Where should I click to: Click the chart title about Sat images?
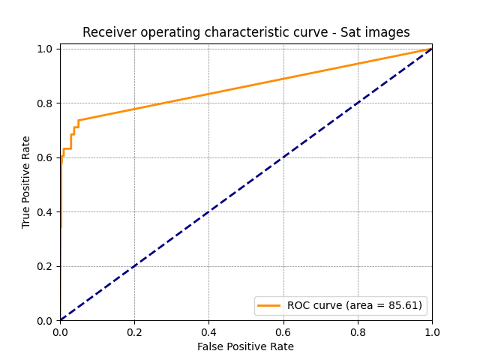pyautogui.click(x=246, y=32)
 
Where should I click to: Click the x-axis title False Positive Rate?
pyautogui.click(x=245, y=346)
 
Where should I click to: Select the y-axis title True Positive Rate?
pyautogui.click(x=26, y=182)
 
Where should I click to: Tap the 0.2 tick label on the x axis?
pyautogui.click(x=134, y=331)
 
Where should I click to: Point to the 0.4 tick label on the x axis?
pyautogui.click(x=208, y=331)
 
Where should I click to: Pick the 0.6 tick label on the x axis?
pyautogui.click(x=283, y=331)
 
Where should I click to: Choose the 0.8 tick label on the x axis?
pyautogui.click(x=357, y=331)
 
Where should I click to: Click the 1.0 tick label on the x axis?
pyautogui.click(x=431, y=331)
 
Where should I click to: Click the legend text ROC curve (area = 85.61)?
pyautogui.click(x=355, y=305)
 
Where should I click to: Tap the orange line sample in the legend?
pyautogui.click(x=269, y=305)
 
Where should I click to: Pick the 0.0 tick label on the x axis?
pyautogui.click(x=60, y=331)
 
